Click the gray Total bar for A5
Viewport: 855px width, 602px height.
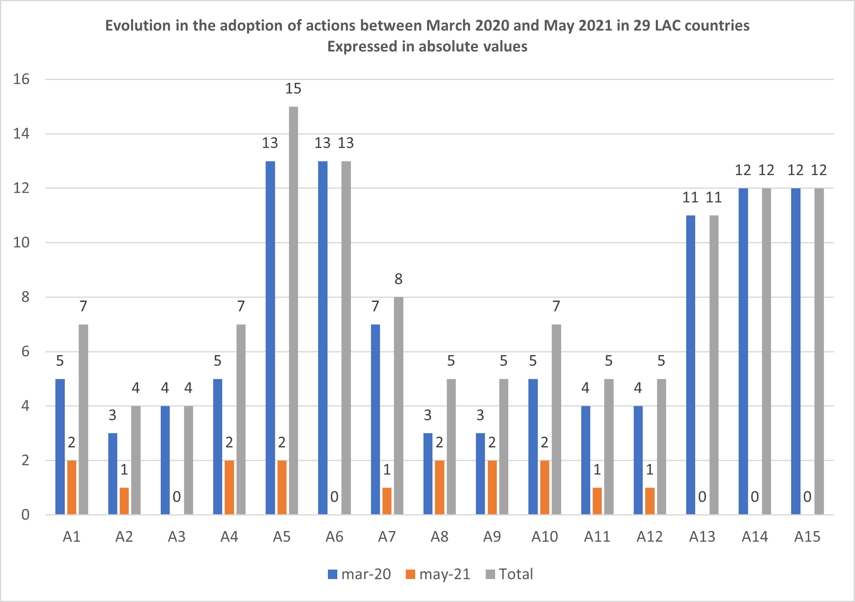coord(293,310)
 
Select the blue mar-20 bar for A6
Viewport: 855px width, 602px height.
coord(323,337)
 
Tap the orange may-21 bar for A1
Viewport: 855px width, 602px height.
coord(72,487)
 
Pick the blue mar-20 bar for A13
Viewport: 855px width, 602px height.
coord(690,365)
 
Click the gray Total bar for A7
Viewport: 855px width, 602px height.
coord(398,406)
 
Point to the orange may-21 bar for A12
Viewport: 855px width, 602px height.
coord(650,501)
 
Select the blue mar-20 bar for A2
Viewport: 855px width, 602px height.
coord(113,474)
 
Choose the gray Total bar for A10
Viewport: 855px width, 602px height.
coord(556,419)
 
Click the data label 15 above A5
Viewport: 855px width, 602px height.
coord(293,89)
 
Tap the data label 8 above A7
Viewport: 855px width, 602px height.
coord(398,279)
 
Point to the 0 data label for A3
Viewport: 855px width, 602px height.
coord(177,497)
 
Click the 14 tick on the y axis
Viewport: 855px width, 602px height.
coord(21,134)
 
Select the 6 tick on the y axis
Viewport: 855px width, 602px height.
coord(25,351)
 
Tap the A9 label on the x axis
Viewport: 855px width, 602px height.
coord(492,537)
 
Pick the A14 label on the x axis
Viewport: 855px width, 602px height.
coord(755,537)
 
